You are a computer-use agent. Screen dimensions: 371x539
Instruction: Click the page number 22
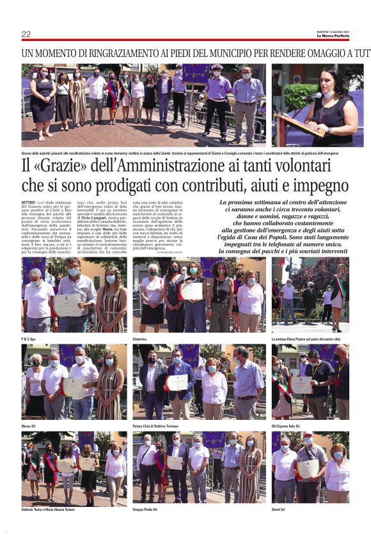tap(26, 34)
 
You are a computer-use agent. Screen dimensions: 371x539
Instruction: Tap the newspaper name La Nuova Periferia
tap(333, 36)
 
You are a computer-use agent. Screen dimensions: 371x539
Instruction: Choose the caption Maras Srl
tap(30, 424)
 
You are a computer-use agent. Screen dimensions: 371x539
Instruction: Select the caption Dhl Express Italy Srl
tap(288, 424)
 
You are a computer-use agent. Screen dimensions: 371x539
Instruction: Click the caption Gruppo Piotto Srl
tap(147, 510)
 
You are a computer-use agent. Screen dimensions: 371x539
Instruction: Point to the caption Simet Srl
tap(279, 510)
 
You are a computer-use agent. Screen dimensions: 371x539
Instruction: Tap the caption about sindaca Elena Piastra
tap(306, 337)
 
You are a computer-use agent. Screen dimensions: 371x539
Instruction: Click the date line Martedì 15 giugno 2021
tap(333, 31)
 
